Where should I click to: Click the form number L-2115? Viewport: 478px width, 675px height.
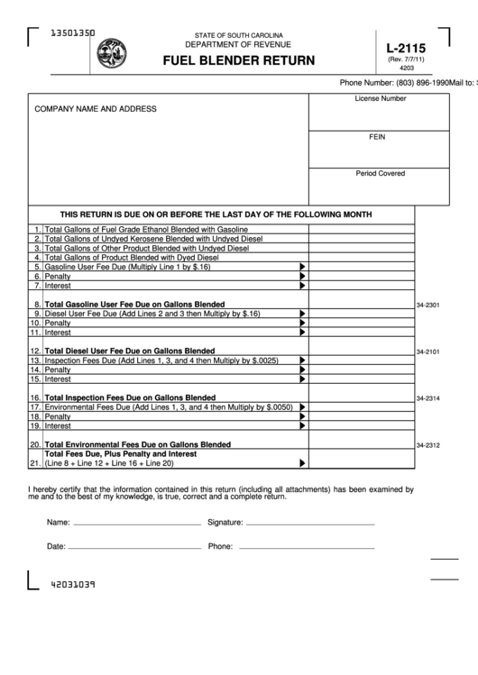coord(406,49)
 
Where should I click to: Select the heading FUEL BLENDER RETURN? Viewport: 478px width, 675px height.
coord(239,61)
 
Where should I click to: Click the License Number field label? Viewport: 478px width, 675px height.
coord(380,98)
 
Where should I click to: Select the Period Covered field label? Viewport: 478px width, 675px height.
coord(380,173)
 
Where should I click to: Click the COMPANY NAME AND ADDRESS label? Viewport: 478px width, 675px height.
coord(96,109)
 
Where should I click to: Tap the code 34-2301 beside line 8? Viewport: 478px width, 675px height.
coord(427,306)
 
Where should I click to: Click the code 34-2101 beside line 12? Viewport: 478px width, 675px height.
coord(427,351)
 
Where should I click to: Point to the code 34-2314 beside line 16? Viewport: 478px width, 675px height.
coord(427,398)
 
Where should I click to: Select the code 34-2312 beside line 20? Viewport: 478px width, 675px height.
coord(427,445)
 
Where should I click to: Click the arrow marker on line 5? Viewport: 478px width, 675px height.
coord(303,268)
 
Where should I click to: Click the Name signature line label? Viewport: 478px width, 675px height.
coord(59,522)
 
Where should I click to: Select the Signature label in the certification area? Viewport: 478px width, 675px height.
coord(225,522)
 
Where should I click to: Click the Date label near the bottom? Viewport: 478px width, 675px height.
coord(56,546)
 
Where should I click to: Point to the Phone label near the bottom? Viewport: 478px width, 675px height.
coord(220,546)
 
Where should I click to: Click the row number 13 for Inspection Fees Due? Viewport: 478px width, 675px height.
coord(35,360)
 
